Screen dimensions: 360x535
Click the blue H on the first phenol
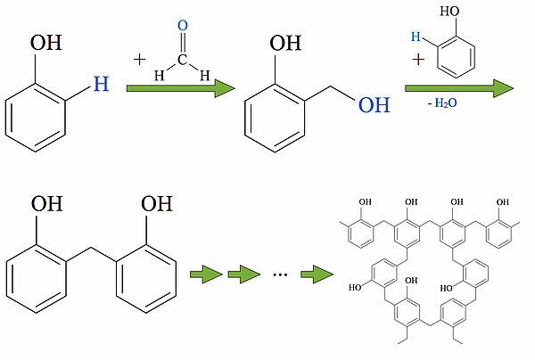click(x=101, y=86)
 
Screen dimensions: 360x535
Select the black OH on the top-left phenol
click(x=46, y=43)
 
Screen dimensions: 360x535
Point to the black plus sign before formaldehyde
click(x=140, y=60)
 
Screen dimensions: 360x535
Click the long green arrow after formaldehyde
click(x=179, y=90)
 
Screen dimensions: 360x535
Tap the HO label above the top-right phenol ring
click(x=451, y=14)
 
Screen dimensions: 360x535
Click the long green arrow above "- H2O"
click(x=459, y=88)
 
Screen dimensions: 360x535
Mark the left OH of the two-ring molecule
click(x=46, y=204)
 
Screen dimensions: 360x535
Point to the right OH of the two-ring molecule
click(x=155, y=204)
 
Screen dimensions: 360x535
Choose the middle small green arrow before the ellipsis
click(x=243, y=273)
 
